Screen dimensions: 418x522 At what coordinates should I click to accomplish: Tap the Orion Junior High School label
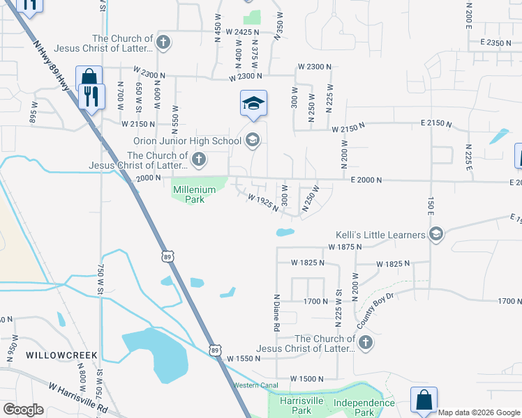click(x=187, y=141)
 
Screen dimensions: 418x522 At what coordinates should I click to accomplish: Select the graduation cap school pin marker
click(x=253, y=104)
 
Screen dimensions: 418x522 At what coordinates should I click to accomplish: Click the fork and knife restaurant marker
click(x=91, y=96)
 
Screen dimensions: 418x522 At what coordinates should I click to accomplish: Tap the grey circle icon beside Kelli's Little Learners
click(x=437, y=233)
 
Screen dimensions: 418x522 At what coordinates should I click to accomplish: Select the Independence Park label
click(x=364, y=408)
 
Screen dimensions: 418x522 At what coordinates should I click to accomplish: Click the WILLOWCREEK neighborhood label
click(x=61, y=355)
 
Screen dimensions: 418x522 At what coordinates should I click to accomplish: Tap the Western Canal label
click(x=255, y=385)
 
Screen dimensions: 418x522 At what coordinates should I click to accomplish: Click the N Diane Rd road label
click(x=277, y=312)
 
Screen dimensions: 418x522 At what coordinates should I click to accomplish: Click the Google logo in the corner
click(x=22, y=410)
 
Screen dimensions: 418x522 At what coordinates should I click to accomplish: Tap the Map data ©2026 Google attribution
click(x=479, y=412)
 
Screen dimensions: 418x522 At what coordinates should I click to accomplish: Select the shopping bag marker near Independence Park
click(x=424, y=400)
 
